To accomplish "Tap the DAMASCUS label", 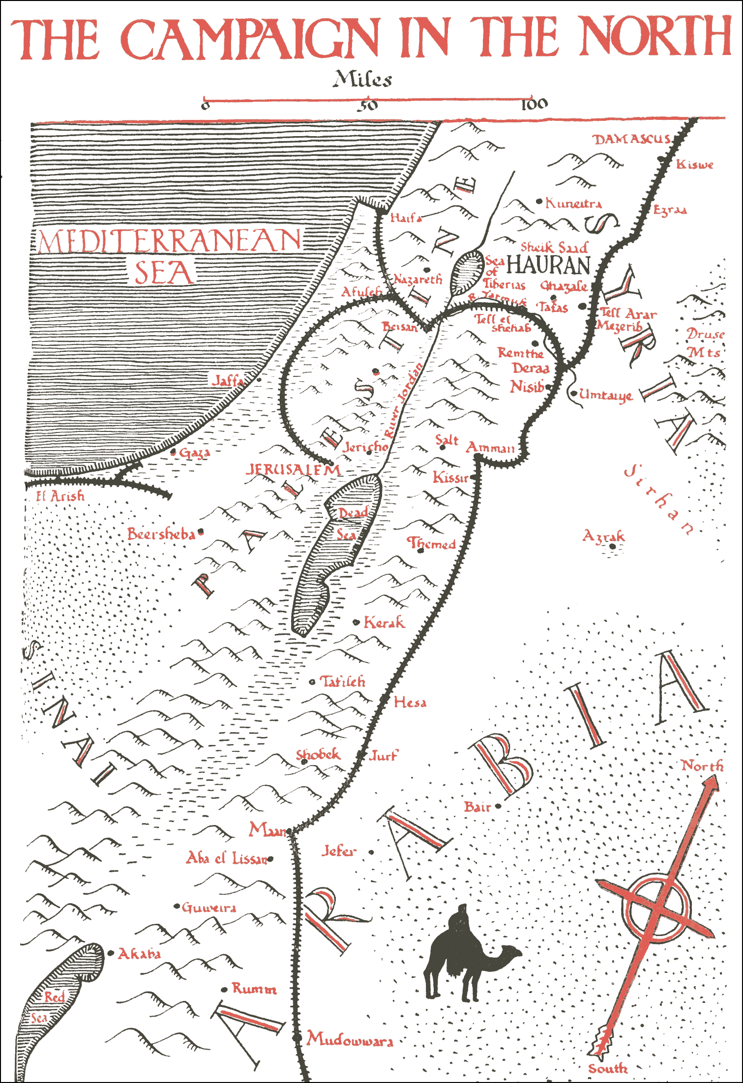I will (631, 140).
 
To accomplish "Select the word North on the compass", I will (702, 766).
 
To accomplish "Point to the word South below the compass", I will (608, 1068).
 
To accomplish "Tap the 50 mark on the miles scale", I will (367, 105).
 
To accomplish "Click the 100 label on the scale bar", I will (534, 104).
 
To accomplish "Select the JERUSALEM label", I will (293, 470).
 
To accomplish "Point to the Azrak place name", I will (603, 536).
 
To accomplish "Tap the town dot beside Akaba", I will (111, 953).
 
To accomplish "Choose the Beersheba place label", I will (161, 534).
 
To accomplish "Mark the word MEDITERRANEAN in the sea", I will (170, 240).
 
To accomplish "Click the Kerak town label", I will (384, 623).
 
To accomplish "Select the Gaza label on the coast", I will (194, 453).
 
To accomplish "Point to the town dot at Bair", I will (498, 806).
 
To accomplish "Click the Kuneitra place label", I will (573, 203).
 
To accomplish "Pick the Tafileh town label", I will (342, 682).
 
